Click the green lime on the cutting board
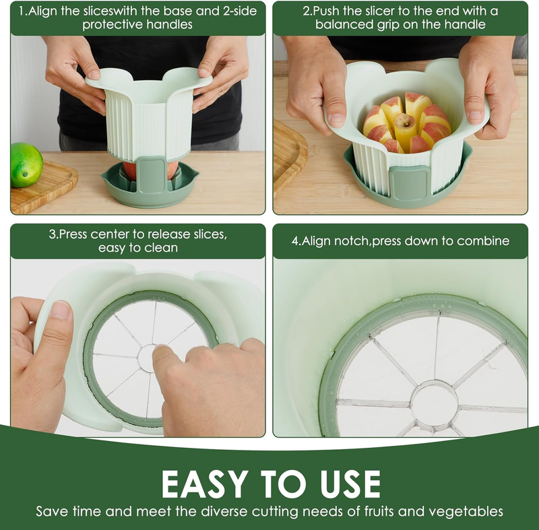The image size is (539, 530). (26, 165)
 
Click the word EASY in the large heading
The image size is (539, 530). (205, 484)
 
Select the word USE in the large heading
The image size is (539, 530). (350, 484)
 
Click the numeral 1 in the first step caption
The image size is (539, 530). (22, 11)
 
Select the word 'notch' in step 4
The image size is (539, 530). (352, 241)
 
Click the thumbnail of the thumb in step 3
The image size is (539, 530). (60, 310)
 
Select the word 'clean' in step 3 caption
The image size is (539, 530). (161, 248)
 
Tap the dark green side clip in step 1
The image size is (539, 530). (150, 174)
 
